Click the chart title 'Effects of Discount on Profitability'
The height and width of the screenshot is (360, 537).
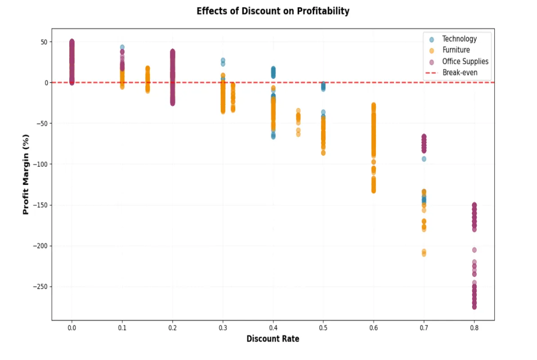(x=273, y=11)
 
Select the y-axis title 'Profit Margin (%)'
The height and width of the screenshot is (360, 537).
(x=26, y=174)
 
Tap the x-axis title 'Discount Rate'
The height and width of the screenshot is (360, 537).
(x=273, y=339)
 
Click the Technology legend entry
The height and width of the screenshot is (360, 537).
(x=459, y=39)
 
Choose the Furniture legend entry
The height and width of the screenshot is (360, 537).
(x=456, y=50)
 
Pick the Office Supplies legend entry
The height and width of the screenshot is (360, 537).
(x=465, y=61)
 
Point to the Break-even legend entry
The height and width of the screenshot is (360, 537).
(x=460, y=72)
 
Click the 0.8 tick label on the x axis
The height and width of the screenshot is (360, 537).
(x=474, y=328)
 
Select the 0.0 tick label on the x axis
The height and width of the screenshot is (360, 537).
(x=72, y=328)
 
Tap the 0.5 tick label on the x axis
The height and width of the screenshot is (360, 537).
(x=323, y=328)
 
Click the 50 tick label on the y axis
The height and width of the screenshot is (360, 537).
(x=44, y=42)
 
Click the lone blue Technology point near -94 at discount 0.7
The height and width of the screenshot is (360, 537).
(x=424, y=159)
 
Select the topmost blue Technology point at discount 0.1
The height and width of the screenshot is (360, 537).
(x=122, y=47)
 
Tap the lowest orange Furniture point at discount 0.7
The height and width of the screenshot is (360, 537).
(x=424, y=254)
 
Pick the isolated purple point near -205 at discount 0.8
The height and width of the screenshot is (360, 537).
(x=474, y=250)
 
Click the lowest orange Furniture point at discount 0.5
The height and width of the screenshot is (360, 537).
(x=323, y=153)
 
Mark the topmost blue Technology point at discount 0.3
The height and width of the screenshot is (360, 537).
(x=223, y=60)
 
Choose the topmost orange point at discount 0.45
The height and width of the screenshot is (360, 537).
(x=298, y=111)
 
